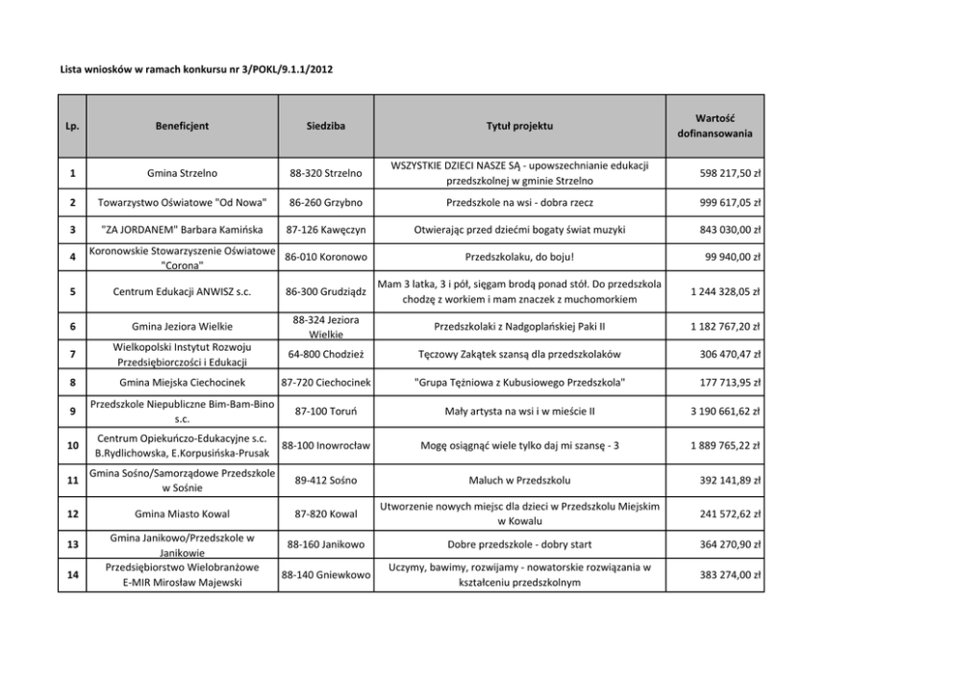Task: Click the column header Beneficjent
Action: [x=182, y=125]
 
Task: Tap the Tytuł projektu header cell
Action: [x=519, y=125]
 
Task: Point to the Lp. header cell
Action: [x=73, y=125]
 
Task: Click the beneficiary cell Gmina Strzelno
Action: [x=182, y=173]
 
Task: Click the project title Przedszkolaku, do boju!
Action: [x=519, y=258]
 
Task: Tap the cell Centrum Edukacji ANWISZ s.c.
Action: [x=182, y=292]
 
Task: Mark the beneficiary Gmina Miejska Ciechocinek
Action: [x=182, y=383]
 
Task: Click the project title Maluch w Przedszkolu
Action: [x=519, y=479]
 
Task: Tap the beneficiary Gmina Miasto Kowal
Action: [x=182, y=513]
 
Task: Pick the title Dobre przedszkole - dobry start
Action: [x=519, y=544]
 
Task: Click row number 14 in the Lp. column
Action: [x=73, y=575]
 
